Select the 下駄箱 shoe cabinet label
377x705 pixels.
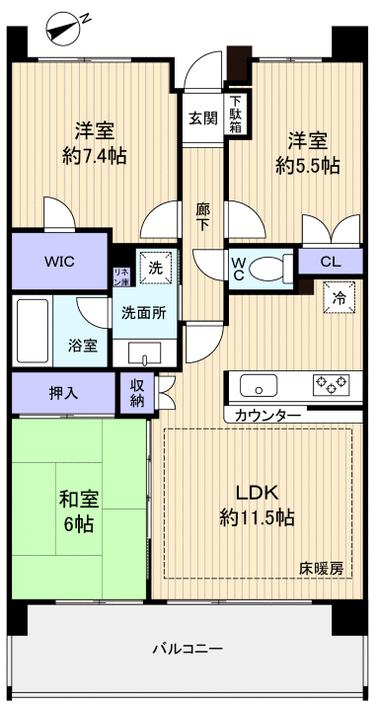click(237, 115)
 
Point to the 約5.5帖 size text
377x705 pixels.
click(307, 165)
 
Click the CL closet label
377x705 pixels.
click(333, 263)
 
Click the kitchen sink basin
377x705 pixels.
click(260, 384)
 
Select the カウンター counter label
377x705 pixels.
click(267, 416)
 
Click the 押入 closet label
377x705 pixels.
click(64, 392)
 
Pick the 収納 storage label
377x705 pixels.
click(137, 393)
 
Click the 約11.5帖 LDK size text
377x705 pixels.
click(256, 516)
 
